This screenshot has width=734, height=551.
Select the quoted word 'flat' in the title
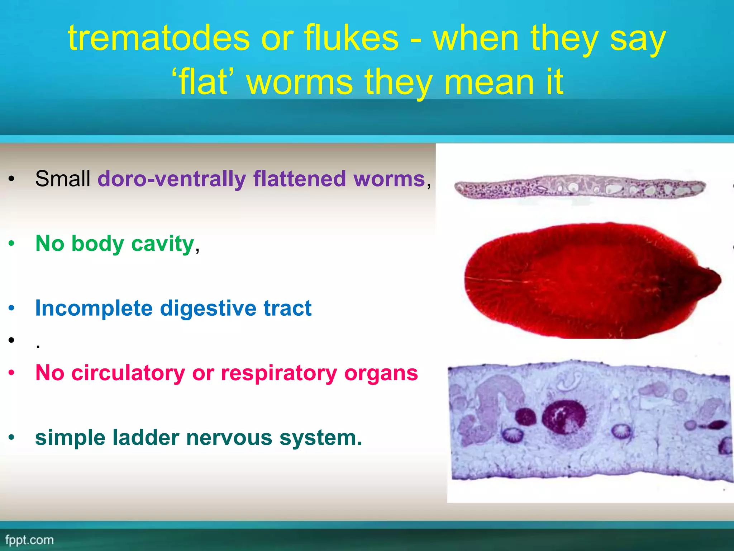[203, 83]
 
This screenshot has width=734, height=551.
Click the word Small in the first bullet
[63, 179]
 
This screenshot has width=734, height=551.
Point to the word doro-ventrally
[172, 179]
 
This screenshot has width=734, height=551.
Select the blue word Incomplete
[94, 309]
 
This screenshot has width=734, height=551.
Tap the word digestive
[208, 309]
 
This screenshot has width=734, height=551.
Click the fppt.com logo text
[29, 540]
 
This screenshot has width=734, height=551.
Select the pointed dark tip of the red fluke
[711, 280]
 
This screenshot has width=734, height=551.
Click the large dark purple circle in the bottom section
[564, 416]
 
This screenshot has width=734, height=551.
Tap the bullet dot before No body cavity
[12, 244]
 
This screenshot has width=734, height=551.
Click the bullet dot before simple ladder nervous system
[12, 437]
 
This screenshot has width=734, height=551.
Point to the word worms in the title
[300, 83]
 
